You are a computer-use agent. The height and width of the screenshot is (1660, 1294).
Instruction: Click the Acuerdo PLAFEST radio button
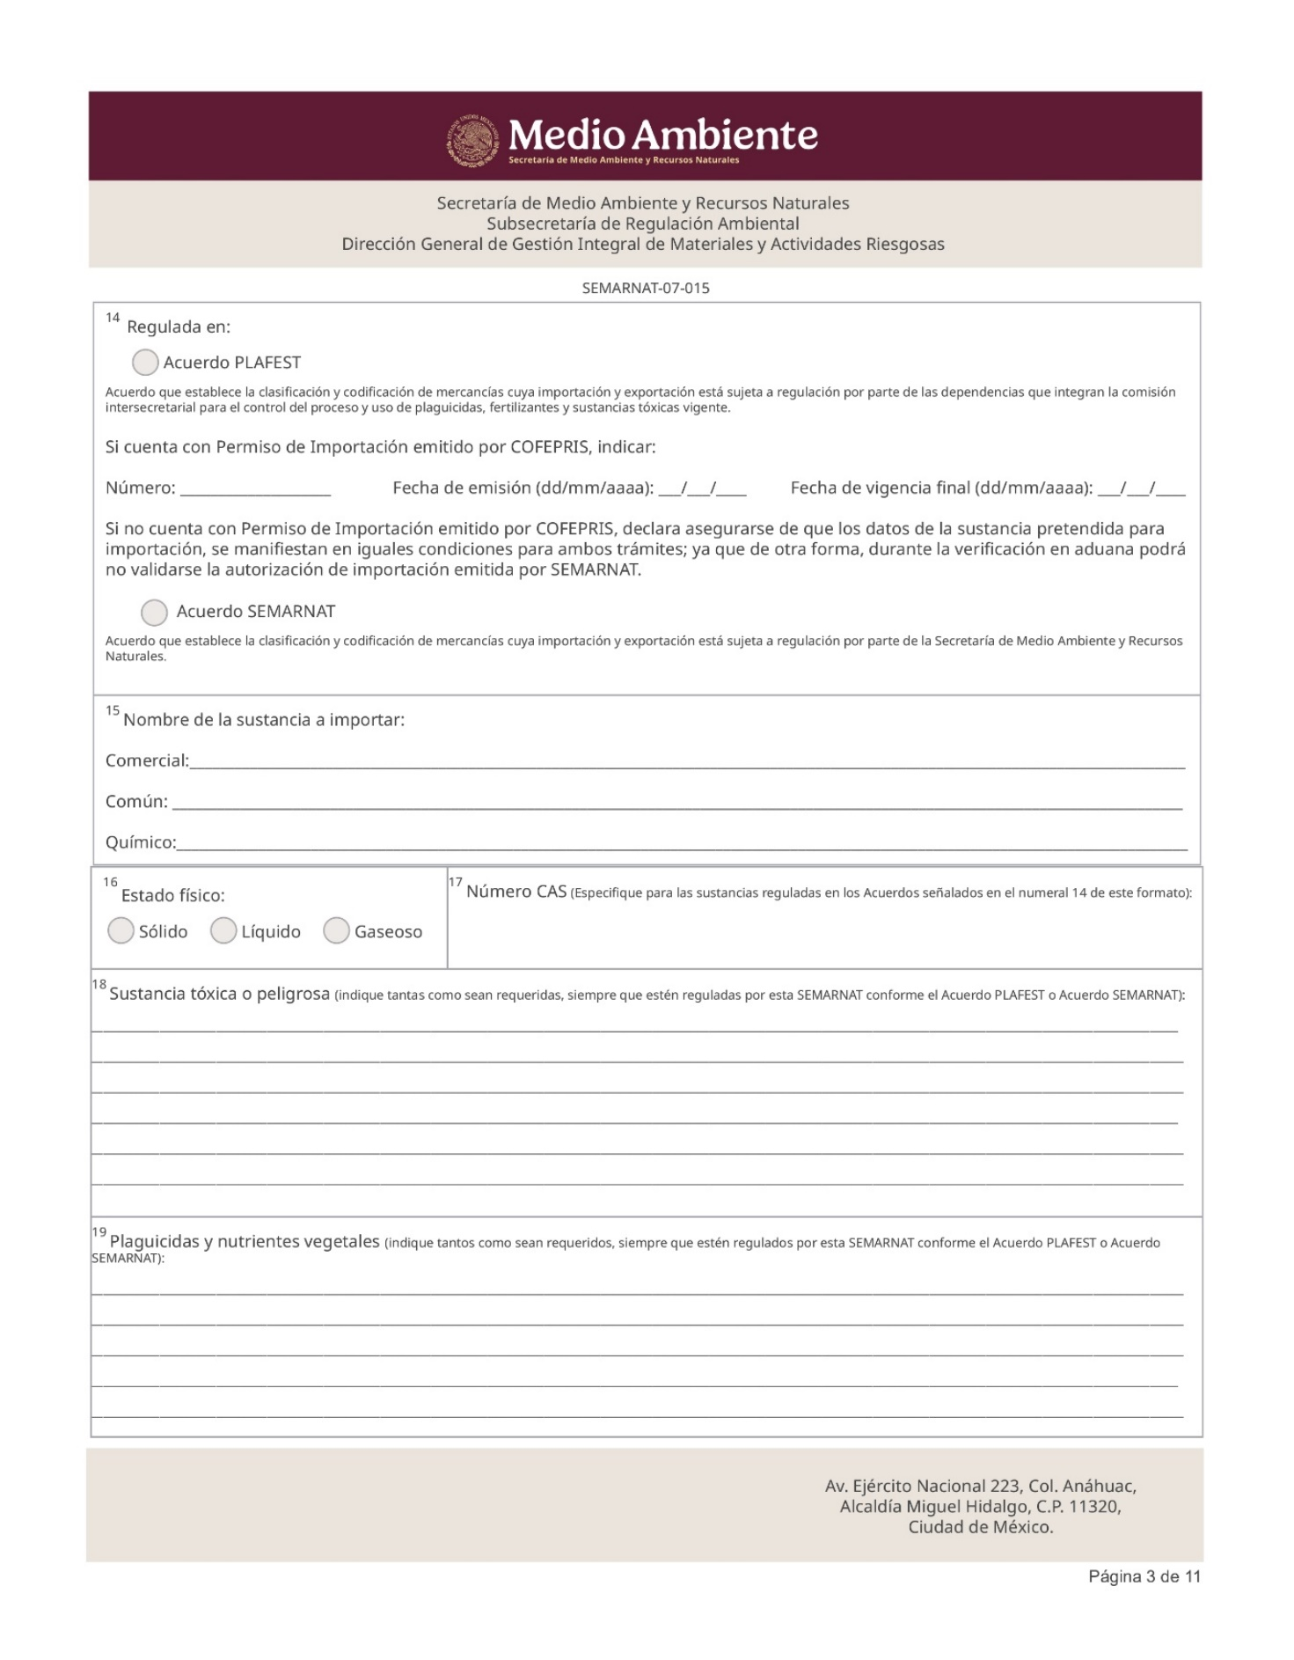145,362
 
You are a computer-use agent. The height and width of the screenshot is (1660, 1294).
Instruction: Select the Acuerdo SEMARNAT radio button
154,612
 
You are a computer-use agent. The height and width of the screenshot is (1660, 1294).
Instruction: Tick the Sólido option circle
121,930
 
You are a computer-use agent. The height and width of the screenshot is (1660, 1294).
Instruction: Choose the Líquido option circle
223,930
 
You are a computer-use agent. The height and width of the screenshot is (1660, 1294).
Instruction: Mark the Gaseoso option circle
336,930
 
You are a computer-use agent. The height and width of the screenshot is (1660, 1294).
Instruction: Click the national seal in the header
473,140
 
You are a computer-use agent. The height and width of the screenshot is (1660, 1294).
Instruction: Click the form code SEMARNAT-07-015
646,288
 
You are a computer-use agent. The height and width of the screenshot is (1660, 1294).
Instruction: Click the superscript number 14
113,318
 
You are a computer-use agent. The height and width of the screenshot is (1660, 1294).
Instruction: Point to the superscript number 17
456,882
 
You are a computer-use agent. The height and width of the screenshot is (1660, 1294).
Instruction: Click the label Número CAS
516,892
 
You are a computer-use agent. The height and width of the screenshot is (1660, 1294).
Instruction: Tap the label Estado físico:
173,896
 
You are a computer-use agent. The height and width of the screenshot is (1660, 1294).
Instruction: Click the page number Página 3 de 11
1144,1576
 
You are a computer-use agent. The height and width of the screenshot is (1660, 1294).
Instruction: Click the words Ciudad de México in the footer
980,1527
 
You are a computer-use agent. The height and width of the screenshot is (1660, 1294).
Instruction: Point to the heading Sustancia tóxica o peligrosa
219,994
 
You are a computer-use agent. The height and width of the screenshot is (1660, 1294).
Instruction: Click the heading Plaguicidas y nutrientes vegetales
245,1242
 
